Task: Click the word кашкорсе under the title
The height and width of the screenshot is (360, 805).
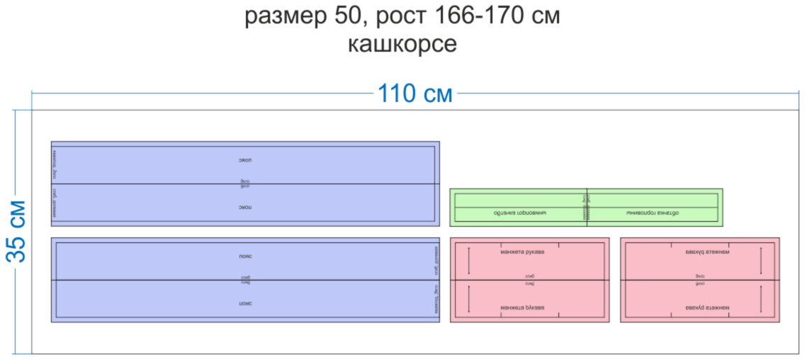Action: point(402,44)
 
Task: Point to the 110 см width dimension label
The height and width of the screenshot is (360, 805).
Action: point(415,94)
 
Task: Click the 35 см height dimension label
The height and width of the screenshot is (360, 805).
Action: point(16,231)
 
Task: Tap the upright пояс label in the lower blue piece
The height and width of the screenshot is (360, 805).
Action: point(245,257)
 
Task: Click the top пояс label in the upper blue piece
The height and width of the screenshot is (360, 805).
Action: point(245,160)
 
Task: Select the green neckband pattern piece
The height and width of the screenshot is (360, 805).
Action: point(586,207)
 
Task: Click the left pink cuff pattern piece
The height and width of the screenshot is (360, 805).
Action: point(529,280)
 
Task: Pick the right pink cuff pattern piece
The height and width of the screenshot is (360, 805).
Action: point(699,280)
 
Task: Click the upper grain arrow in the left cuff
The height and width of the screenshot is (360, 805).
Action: point(468,260)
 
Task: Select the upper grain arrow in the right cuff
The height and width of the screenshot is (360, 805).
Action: point(761,260)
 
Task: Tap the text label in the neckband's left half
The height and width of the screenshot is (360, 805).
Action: point(520,213)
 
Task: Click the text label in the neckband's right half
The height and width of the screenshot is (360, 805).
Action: point(653,213)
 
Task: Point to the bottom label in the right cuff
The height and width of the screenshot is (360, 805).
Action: point(709,308)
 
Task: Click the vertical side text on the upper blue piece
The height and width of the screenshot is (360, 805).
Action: point(55,184)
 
